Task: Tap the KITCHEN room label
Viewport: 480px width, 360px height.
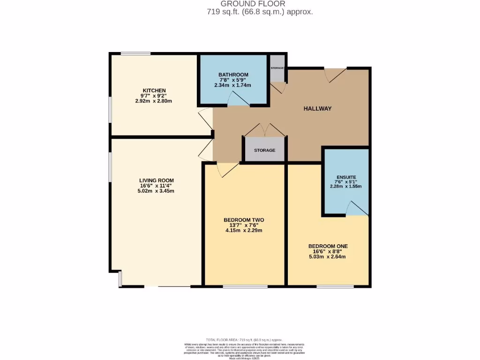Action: pyautogui.click(x=154, y=90)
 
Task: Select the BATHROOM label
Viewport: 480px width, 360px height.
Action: pyautogui.click(x=233, y=75)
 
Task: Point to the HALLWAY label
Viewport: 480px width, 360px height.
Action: pyautogui.click(x=317, y=109)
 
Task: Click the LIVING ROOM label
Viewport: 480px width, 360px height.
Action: pyautogui.click(x=157, y=180)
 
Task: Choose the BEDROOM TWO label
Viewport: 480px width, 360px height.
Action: pyautogui.click(x=244, y=220)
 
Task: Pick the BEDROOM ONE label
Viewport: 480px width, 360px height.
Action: pyautogui.click(x=328, y=246)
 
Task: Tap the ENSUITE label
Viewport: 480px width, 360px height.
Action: pyautogui.click(x=345, y=178)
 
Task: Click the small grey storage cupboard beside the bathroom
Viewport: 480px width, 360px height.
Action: pyautogui.click(x=277, y=68)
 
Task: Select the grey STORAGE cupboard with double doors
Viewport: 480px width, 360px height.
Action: pyautogui.click(x=264, y=150)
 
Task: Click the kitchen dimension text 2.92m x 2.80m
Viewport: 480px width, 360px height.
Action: pyautogui.click(x=154, y=101)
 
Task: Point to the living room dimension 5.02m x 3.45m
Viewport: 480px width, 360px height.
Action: pyautogui.click(x=157, y=191)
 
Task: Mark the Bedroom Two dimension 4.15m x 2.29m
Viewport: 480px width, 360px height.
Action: pyautogui.click(x=244, y=230)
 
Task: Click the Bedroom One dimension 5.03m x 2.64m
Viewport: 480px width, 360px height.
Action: pyautogui.click(x=328, y=256)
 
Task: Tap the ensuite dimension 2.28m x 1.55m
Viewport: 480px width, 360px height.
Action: pyautogui.click(x=345, y=186)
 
